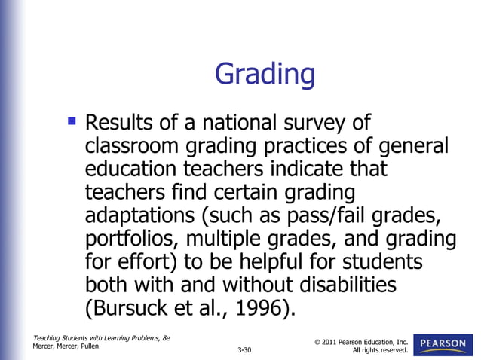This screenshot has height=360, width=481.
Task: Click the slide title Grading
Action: (x=264, y=75)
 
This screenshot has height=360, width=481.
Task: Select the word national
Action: (x=228, y=122)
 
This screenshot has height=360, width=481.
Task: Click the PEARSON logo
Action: (x=443, y=344)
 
